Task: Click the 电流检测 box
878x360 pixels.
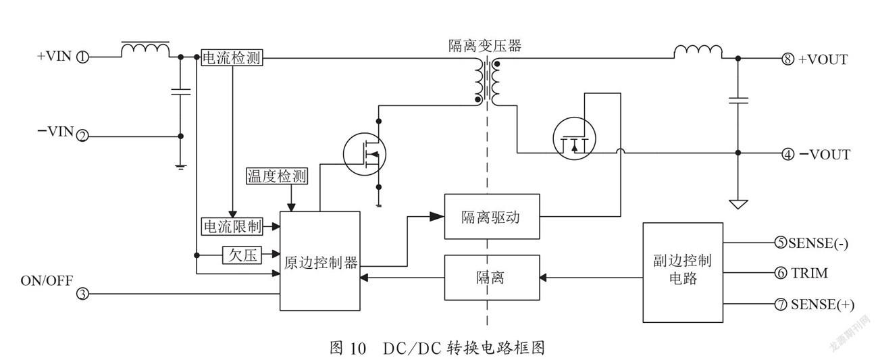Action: point(232,57)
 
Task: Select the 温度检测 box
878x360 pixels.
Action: point(277,176)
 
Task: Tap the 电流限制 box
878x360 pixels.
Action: point(232,227)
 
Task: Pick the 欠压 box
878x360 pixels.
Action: point(242,255)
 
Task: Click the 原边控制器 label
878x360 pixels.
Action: point(321,263)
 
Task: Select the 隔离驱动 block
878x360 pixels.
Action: point(492,216)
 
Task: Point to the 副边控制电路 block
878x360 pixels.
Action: point(683,273)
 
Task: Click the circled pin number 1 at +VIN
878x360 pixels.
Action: point(82,57)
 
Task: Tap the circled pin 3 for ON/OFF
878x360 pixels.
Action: point(82,293)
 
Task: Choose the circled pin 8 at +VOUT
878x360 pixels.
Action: point(788,59)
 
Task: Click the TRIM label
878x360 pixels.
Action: point(809,273)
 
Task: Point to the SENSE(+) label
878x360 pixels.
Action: point(823,305)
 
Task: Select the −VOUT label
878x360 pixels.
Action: point(824,155)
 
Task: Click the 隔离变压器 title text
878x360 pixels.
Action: point(485,46)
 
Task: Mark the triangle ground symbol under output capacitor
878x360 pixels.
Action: point(738,204)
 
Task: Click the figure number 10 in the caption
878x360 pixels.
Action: point(357,348)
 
